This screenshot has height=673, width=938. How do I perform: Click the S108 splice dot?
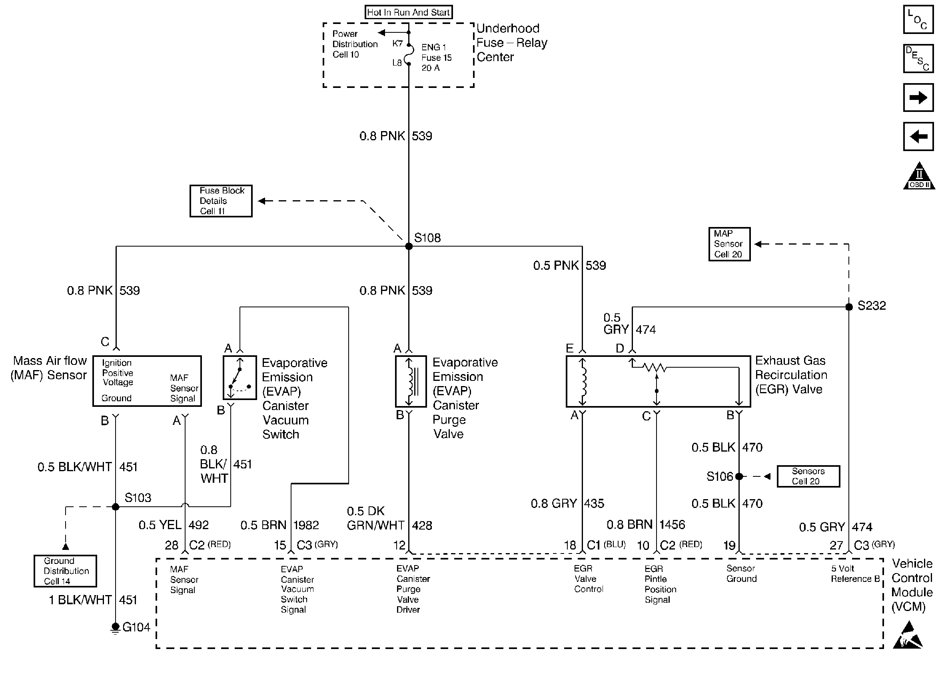[409, 247]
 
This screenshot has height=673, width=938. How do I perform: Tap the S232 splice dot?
[849, 307]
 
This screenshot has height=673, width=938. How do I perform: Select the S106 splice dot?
[739, 476]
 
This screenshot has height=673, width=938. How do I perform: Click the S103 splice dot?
[116, 507]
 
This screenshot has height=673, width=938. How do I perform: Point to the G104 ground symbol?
[116, 627]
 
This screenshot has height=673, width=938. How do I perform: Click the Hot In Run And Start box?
[408, 12]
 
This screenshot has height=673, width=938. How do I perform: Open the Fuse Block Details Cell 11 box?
[221, 201]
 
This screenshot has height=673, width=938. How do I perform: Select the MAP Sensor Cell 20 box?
[729, 244]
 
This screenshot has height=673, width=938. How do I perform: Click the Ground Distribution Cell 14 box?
[65, 571]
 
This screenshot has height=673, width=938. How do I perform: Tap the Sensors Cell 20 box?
[808, 476]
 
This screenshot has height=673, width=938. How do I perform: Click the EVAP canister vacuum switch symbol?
[240, 377]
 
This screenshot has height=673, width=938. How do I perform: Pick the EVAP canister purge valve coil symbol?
[410, 381]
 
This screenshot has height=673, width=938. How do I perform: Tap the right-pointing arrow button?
[918, 98]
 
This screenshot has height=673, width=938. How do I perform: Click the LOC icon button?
[918, 20]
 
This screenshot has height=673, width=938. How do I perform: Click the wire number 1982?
[306, 525]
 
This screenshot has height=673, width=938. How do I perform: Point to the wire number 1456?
[672, 525]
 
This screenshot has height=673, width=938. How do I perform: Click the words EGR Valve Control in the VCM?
[588, 579]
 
